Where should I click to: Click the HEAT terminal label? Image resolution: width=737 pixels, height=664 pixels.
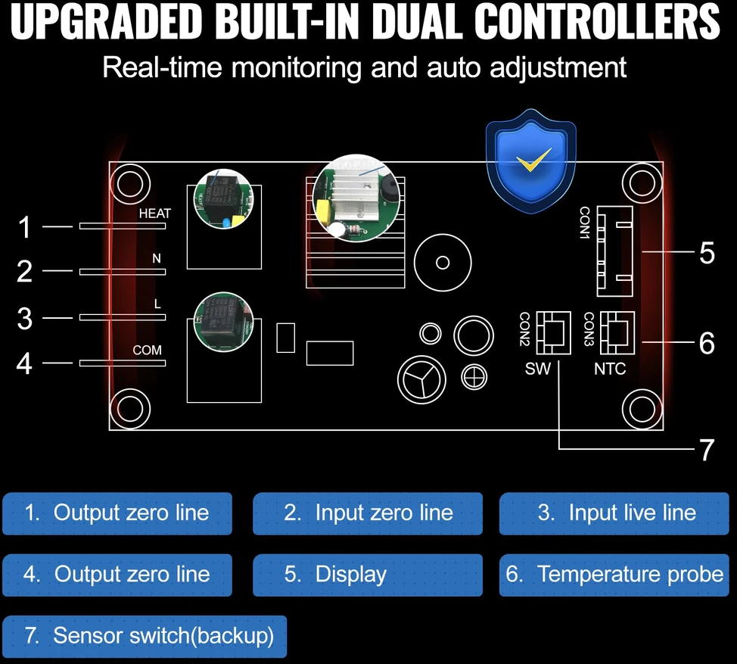pyautogui.click(x=154, y=214)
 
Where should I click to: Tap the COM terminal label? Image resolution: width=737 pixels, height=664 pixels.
pyautogui.click(x=147, y=351)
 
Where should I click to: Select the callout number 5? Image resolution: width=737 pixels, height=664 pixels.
pyautogui.click(x=707, y=253)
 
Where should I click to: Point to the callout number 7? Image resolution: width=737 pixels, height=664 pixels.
pyautogui.click(x=707, y=450)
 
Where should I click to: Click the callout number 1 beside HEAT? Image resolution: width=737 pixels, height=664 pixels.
pyautogui.click(x=24, y=227)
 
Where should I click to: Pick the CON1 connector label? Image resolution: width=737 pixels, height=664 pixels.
pyautogui.click(x=585, y=223)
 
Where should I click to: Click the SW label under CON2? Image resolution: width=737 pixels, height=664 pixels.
pyautogui.click(x=538, y=369)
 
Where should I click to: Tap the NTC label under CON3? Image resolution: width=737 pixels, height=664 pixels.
pyautogui.click(x=610, y=369)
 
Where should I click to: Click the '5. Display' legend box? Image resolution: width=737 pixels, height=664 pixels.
pyautogui.click(x=368, y=575)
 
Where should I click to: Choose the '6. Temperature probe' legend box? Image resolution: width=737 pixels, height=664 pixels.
pyautogui.click(x=614, y=575)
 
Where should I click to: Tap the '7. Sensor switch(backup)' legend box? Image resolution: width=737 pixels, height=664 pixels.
pyautogui.click(x=145, y=636)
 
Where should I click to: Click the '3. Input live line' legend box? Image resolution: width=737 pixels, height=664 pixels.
pyautogui.click(x=614, y=513)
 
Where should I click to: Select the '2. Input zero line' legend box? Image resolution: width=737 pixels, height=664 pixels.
pyautogui.click(x=368, y=513)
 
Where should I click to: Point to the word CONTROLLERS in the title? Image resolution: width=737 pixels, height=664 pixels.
pyautogui.click(x=597, y=22)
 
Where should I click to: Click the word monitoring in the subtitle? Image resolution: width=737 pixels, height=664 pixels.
pyautogui.click(x=296, y=67)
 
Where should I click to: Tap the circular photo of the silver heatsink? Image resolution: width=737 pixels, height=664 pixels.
pyautogui.click(x=356, y=198)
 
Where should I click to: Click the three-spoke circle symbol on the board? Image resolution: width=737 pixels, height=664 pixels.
pyautogui.click(x=421, y=379)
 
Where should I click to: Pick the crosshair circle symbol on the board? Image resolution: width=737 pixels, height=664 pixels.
pyautogui.click(x=474, y=377)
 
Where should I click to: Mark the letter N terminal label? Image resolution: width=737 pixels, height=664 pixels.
pyautogui.click(x=157, y=258)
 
